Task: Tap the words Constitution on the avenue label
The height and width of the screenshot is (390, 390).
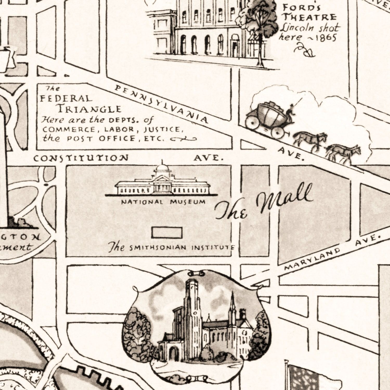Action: [81, 158]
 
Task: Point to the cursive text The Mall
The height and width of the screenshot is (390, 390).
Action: [264, 203]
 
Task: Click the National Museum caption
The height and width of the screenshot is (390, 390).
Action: [163, 202]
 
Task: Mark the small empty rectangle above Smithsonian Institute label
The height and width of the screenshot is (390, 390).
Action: [167, 233]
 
